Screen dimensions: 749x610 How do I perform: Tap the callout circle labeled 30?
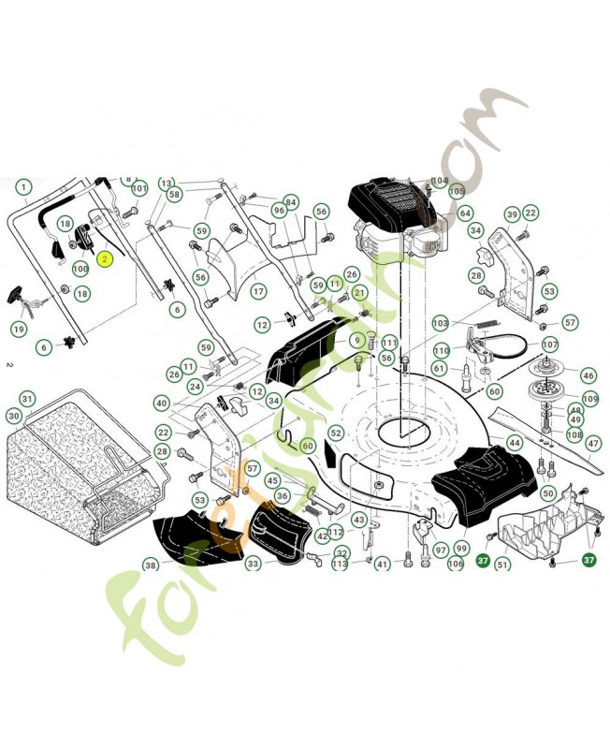tap(13, 416)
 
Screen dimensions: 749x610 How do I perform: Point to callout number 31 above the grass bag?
tap(28, 399)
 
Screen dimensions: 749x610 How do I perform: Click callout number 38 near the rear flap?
tap(151, 565)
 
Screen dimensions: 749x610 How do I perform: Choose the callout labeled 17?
tap(258, 291)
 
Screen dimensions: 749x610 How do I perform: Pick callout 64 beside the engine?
tap(465, 213)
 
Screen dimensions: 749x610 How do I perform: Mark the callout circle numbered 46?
tap(588, 375)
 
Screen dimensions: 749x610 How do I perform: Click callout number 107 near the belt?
tap(550, 345)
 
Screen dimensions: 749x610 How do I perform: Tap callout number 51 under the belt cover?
tap(502, 564)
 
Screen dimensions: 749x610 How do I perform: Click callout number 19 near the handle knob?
tap(18, 329)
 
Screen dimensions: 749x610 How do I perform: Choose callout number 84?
tap(291, 202)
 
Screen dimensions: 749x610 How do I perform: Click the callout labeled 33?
tap(254, 564)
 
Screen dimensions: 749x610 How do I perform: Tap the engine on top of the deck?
tap(398, 225)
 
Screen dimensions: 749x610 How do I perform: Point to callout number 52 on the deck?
tap(336, 433)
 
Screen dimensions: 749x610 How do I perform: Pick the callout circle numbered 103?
tap(440, 323)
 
